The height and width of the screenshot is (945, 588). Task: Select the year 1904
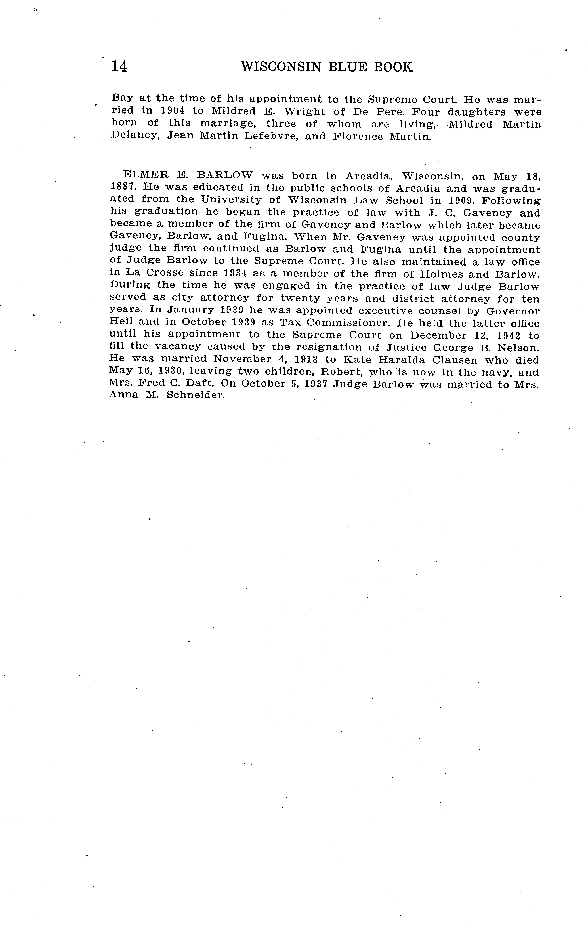[173, 111]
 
